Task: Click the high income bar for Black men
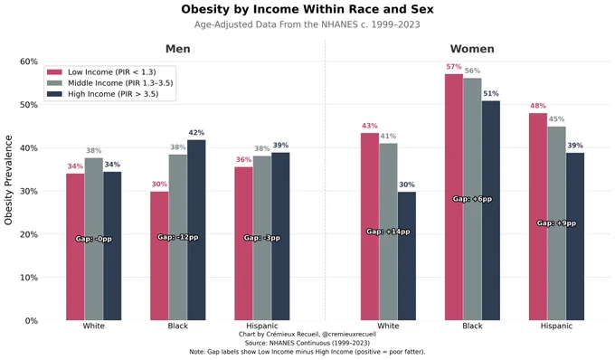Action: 196,230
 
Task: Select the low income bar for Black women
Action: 454,197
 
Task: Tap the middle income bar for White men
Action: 94,239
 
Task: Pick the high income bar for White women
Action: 407,256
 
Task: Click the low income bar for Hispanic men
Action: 243,244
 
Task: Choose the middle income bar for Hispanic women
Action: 556,223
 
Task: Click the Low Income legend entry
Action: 101,72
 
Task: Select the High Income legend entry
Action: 102,94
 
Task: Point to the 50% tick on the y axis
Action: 29,105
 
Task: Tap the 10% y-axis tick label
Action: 29,278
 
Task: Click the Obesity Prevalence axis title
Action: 9,180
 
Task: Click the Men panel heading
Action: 177,49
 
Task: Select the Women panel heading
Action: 472,49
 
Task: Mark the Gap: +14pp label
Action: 388,232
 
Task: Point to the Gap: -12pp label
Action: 177,237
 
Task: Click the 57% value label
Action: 453,67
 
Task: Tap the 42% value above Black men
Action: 196,133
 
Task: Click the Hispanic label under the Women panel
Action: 556,326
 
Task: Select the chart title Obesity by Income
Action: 307,9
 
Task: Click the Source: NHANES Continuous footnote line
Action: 307,343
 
